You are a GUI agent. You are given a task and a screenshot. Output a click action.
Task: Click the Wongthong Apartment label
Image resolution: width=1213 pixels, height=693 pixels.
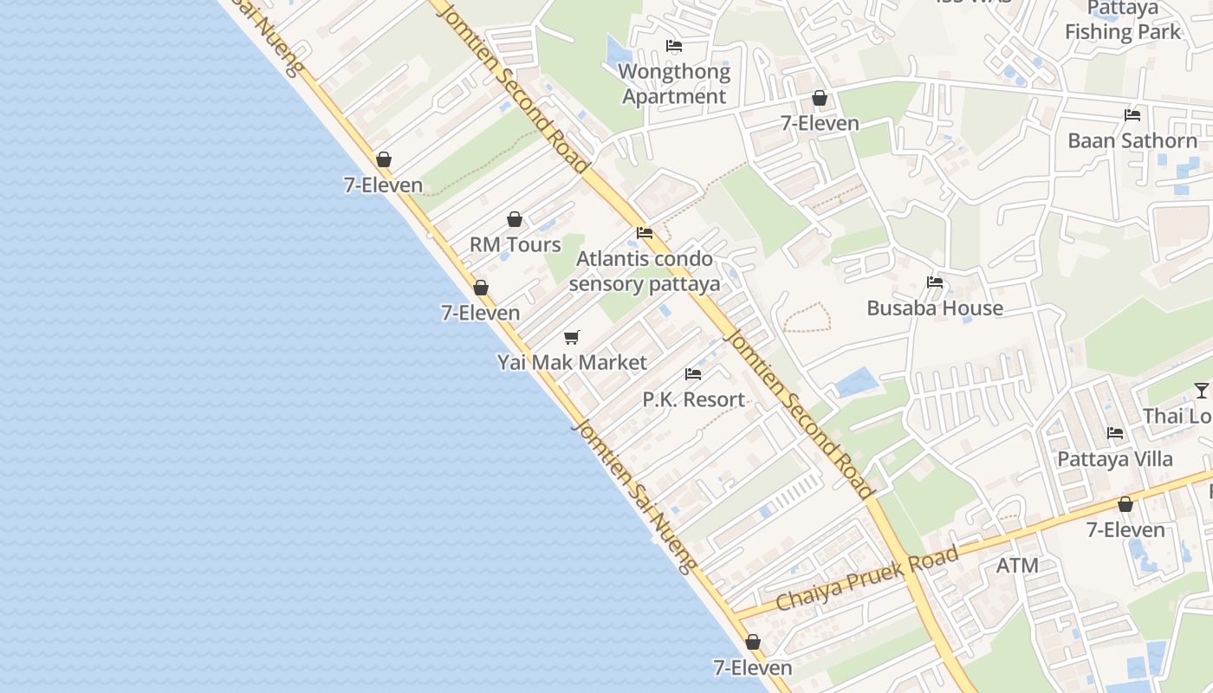pyautogui.click(x=674, y=84)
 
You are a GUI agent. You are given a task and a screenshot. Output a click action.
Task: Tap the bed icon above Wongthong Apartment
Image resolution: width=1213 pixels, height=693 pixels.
pyautogui.click(x=674, y=46)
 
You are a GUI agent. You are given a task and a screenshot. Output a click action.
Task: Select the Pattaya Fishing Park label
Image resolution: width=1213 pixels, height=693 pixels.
pyautogui.click(x=1123, y=21)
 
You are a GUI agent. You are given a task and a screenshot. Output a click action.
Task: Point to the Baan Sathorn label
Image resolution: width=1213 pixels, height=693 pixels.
pyautogui.click(x=1132, y=140)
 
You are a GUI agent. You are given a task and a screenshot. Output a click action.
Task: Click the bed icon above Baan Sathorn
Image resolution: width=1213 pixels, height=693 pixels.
pyautogui.click(x=1132, y=115)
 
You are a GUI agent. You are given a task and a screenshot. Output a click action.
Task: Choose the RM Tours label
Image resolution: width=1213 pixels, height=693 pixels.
pyautogui.click(x=515, y=244)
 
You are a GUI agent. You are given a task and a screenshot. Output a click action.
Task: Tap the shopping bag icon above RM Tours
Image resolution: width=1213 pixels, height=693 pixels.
pyautogui.click(x=515, y=219)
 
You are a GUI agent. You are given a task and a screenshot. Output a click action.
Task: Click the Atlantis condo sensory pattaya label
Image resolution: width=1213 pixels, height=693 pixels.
pyautogui.click(x=645, y=271)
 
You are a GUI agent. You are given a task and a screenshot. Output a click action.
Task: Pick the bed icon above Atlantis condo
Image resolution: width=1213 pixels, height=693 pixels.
pyautogui.click(x=645, y=233)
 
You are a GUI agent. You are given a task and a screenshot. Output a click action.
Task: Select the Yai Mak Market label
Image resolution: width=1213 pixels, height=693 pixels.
pyautogui.click(x=572, y=362)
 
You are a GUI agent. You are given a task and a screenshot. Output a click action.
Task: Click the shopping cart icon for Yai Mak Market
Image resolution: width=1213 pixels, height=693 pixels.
pyautogui.click(x=571, y=337)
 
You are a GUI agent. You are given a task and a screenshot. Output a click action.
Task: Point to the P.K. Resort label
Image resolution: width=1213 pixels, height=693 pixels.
pyautogui.click(x=693, y=399)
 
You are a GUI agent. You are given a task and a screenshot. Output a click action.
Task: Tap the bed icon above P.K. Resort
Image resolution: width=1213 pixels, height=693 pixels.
pyautogui.click(x=693, y=374)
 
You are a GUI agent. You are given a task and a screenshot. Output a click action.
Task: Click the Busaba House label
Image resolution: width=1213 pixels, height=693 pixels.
pyautogui.click(x=935, y=308)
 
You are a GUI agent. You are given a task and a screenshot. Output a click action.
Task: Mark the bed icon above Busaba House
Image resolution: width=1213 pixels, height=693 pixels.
pyautogui.click(x=934, y=282)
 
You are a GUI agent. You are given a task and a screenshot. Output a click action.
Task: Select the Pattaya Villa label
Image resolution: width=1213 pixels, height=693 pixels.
pyautogui.click(x=1115, y=458)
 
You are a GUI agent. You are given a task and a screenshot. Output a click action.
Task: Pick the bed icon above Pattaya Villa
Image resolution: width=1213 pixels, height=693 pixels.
pyautogui.click(x=1115, y=433)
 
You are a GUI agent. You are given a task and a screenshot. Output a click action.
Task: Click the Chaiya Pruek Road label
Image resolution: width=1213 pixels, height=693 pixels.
pyautogui.click(x=867, y=578)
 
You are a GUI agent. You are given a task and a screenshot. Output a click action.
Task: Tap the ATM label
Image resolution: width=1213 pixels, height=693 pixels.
pyautogui.click(x=1017, y=566)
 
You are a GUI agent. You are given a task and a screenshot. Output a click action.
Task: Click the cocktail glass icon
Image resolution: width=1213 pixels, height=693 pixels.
pyautogui.click(x=1201, y=391)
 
